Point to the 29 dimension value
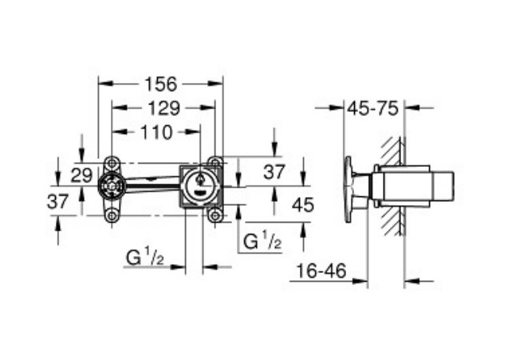[x=81, y=175]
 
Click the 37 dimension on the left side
[x=57, y=201]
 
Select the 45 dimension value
[x=302, y=204]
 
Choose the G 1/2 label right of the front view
[x=262, y=239]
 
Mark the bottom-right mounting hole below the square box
[x=214, y=215]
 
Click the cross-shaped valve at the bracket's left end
[x=111, y=188]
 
